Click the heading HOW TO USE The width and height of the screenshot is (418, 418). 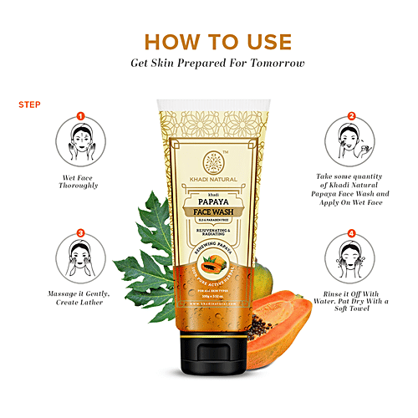pyautogui.click(x=209, y=41)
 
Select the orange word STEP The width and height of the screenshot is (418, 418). pyautogui.click(x=27, y=105)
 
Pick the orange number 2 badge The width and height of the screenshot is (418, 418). pyautogui.click(x=351, y=117)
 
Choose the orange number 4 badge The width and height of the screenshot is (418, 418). pyautogui.click(x=351, y=234)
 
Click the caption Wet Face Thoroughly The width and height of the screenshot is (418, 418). pyautogui.click(x=80, y=184)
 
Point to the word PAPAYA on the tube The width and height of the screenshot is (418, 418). pyautogui.click(x=209, y=200)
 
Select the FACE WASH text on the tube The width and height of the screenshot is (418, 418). pyautogui.click(x=209, y=213)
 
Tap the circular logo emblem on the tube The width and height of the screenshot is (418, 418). pyautogui.click(x=210, y=160)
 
